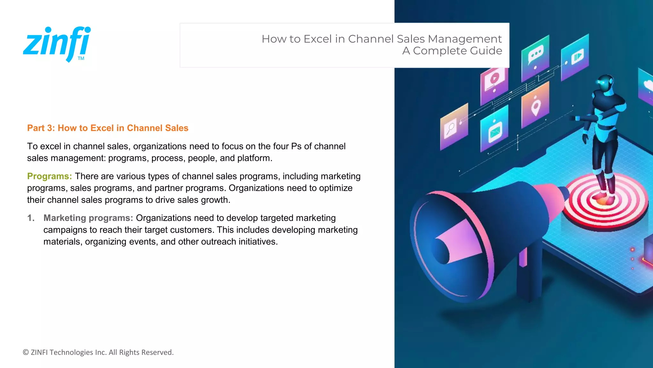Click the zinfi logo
[x=57, y=43]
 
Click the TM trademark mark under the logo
[x=81, y=58]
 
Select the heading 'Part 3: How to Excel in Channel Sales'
[x=108, y=128]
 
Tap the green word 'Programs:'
[x=49, y=176]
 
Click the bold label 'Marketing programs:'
[x=88, y=218]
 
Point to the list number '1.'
[x=31, y=218]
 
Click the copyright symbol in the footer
[x=26, y=352]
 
